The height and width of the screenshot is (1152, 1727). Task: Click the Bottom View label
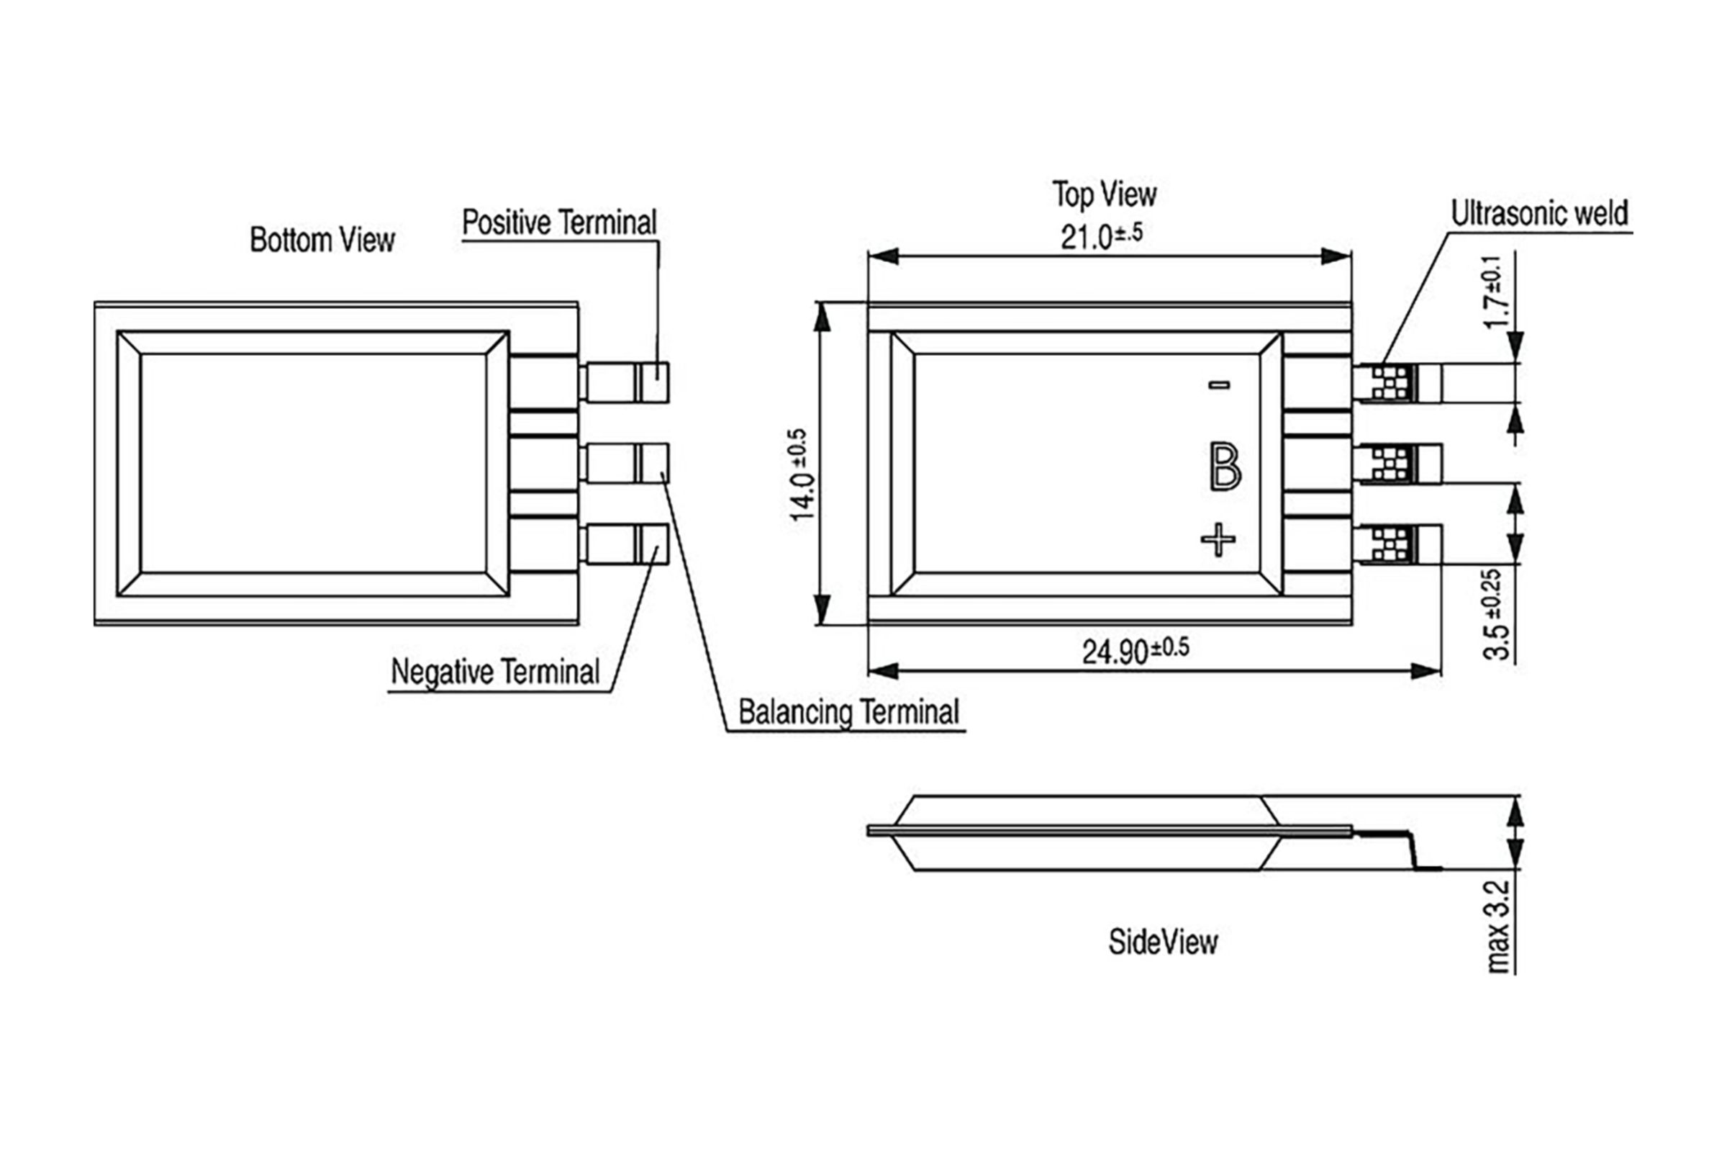tap(322, 240)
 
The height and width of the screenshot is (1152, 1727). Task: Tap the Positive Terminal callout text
tap(560, 222)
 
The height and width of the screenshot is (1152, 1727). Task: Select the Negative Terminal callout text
tap(496, 672)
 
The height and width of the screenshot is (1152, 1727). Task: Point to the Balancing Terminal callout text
tap(849, 712)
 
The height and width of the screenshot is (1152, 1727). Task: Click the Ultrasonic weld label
tap(1540, 213)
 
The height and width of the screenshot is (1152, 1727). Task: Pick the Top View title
tap(1105, 194)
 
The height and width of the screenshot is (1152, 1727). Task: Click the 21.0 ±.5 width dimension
tap(1102, 236)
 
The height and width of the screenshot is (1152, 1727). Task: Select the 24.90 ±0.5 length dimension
tap(1136, 650)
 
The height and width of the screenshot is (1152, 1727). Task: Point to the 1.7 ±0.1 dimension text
tap(1496, 292)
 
